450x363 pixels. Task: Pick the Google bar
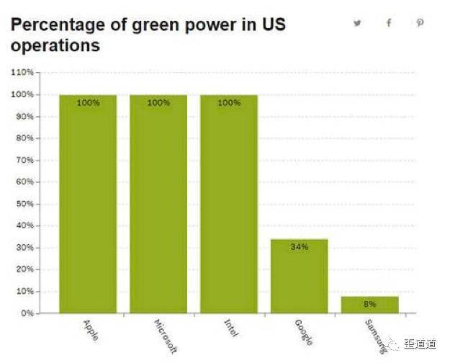click(x=300, y=277)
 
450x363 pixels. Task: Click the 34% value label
click(x=300, y=247)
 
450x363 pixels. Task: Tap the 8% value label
click(x=370, y=304)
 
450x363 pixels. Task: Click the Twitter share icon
click(x=357, y=23)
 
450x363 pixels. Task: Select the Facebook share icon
click(x=389, y=23)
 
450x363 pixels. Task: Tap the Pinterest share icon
click(x=420, y=23)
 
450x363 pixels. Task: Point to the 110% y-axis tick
click(x=23, y=72)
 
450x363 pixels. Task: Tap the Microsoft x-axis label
click(x=165, y=334)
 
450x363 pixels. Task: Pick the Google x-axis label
click(x=303, y=330)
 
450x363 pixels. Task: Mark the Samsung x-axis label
click(x=374, y=332)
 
